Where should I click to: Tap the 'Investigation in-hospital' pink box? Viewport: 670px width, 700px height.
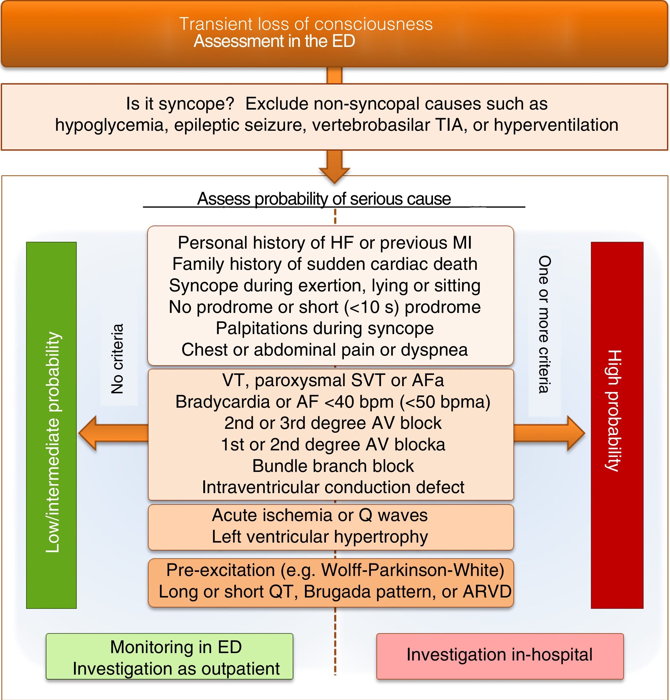[x=500, y=655]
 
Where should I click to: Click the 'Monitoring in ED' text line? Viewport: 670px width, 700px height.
[x=176, y=647]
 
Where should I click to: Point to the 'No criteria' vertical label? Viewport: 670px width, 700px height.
[x=117, y=359]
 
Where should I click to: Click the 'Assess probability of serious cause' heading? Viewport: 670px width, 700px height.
[x=324, y=199]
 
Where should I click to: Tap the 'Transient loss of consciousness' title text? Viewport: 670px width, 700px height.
[x=306, y=24]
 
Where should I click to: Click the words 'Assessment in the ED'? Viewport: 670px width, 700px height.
[x=274, y=41]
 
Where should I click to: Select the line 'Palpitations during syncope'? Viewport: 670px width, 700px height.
[x=325, y=328]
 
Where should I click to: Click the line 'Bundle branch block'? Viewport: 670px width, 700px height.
[x=333, y=466]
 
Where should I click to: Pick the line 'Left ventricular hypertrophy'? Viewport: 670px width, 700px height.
[x=320, y=536]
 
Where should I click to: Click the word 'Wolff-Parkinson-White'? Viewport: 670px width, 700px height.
[x=412, y=570]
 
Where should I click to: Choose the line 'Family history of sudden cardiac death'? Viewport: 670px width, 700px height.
[x=325, y=264]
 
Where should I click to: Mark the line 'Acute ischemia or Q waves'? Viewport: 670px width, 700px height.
[x=320, y=515]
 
